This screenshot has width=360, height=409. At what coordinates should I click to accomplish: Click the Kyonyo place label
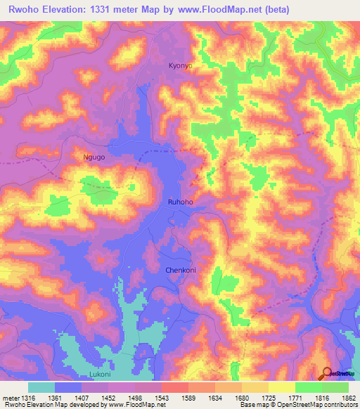pos(180,65)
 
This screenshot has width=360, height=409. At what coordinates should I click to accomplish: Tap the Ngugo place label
pos(94,157)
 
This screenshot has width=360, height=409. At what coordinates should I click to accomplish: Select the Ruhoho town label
pos(180,202)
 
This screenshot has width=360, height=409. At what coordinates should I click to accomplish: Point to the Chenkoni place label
pos(179,270)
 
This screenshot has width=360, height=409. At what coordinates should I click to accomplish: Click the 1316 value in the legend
pos(25,398)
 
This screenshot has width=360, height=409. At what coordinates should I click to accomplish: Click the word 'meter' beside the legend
pos(9,398)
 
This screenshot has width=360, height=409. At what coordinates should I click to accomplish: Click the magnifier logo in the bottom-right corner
pos(328,373)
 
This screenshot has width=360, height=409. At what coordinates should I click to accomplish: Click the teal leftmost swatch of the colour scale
pos(41,387)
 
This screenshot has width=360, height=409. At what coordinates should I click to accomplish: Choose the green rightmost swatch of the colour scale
pos(335,387)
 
